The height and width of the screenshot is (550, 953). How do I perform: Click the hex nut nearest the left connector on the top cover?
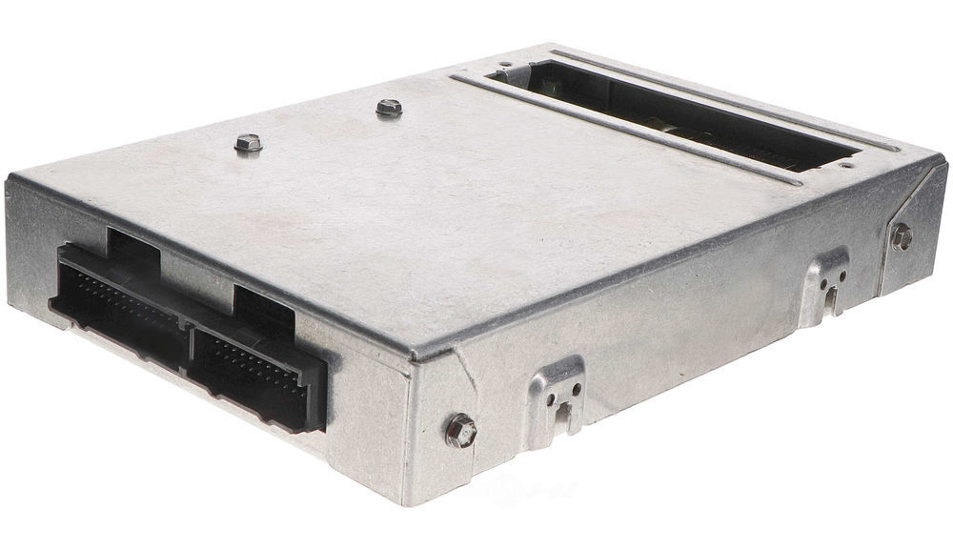click(x=248, y=144)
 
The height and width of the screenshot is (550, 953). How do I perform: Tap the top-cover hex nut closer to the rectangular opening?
click(x=388, y=108)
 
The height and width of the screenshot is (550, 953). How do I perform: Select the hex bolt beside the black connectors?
click(x=460, y=430)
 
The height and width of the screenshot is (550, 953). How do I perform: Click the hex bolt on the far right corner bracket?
click(x=901, y=236)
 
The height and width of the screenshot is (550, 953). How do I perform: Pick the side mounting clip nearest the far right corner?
click(x=824, y=283)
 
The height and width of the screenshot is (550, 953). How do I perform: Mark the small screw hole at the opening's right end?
click(x=845, y=164)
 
